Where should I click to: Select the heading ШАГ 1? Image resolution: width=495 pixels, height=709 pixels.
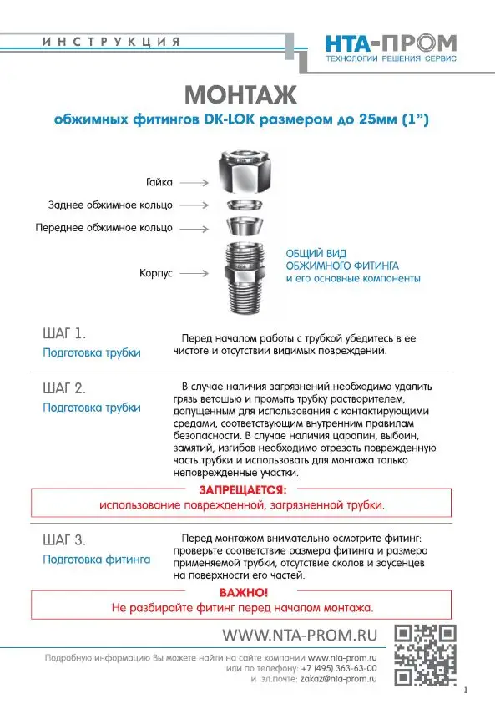[63, 333]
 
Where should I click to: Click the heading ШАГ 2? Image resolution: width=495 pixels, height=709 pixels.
[63, 388]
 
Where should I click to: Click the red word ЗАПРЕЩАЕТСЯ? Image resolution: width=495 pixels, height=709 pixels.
[242, 490]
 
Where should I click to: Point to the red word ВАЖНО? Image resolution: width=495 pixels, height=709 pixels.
[243, 592]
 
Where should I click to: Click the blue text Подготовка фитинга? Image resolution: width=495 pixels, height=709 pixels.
[96, 559]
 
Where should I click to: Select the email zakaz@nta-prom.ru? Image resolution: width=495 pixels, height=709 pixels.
[339, 680]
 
